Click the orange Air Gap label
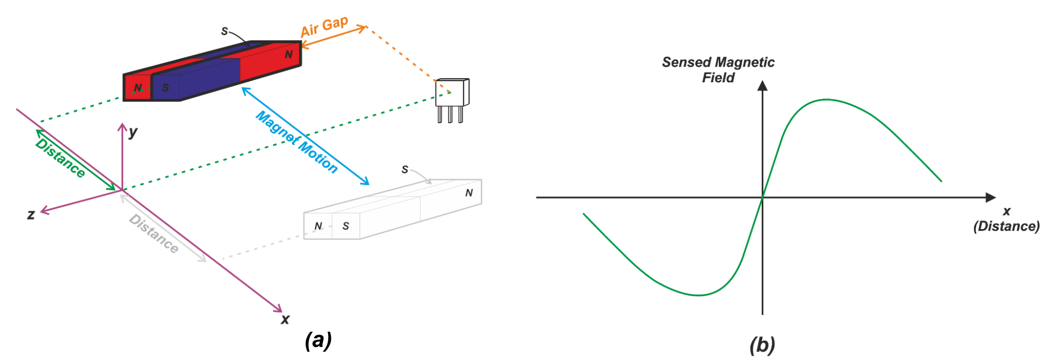(324, 26)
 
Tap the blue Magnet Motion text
(296, 141)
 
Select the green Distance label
(60, 158)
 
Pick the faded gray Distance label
(154, 234)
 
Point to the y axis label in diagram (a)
(133, 132)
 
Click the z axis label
(31, 214)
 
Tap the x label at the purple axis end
(285, 319)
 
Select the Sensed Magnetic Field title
(718, 70)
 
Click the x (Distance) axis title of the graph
(1006, 219)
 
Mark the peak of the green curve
(826, 100)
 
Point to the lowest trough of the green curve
(698, 295)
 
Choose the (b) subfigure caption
(762, 345)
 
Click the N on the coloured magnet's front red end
(138, 88)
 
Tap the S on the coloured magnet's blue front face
(166, 88)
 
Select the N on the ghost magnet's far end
(469, 193)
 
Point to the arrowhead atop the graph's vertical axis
(762, 85)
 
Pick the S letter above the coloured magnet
(224, 31)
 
